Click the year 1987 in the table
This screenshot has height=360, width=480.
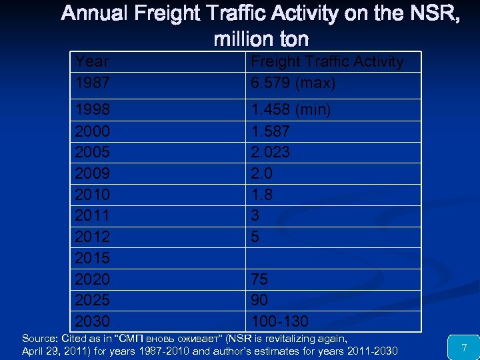pos(93,83)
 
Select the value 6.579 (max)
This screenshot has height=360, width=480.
pos(293,83)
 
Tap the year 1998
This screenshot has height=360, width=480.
pos(93,109)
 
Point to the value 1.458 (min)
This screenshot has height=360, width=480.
pos(291,109)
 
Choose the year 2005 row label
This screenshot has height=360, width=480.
pos(93,152)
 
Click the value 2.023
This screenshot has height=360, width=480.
pos(271,152)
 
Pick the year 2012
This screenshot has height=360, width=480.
pos(93,236)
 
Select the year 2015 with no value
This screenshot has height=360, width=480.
pos(93,257)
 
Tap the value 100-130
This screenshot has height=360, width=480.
pos(280,321)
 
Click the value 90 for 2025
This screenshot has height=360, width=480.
pos(259,299)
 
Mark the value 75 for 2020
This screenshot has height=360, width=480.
pos(259,279)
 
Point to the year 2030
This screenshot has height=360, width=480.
pos(93,321)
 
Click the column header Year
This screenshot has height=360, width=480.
pos(93,62)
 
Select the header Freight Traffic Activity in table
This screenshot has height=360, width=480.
pos(327,62)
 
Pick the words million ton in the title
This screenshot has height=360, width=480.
pos(261,39)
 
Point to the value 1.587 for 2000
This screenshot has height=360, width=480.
pos(271,131)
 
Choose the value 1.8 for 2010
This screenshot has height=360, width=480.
pos(261,194)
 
